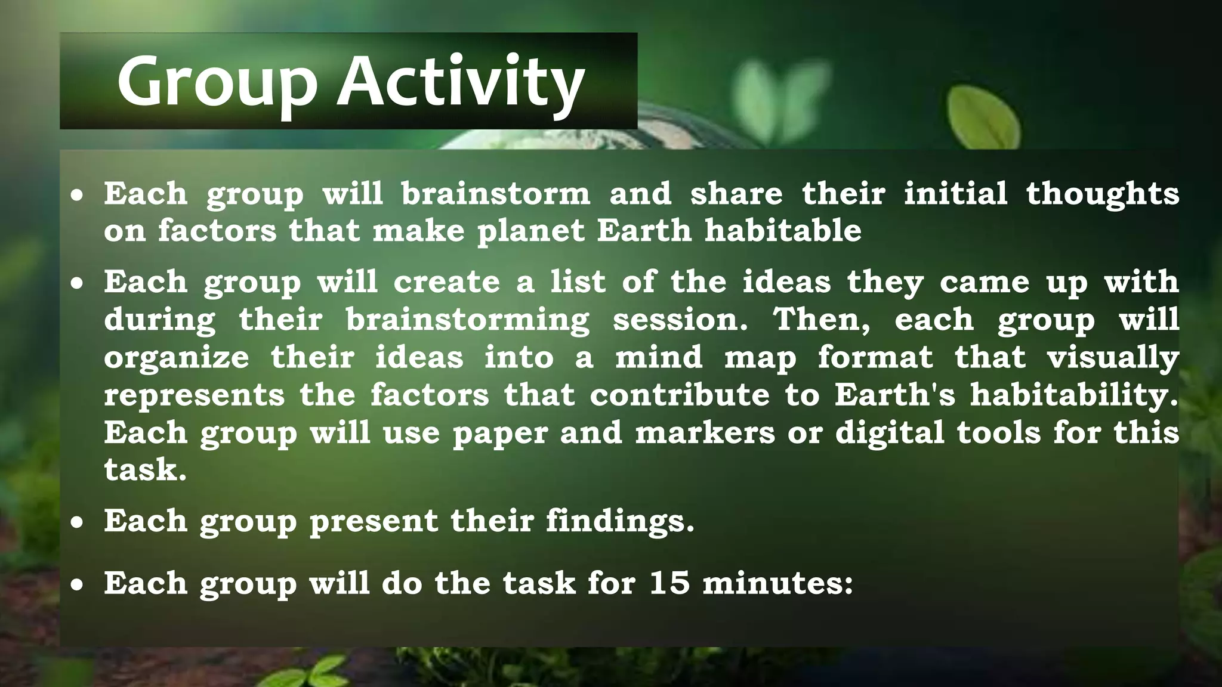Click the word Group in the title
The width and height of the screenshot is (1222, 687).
pos(216,82)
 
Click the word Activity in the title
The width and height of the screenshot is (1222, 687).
pos(461,82)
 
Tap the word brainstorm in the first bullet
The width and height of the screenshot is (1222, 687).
pos(495,194)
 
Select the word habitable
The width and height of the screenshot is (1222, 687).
pos(783,230)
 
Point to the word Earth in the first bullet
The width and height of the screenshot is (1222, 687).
pos(644,230)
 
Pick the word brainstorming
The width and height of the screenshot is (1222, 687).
pos(467,320)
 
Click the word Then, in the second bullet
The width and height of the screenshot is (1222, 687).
pos(822,320)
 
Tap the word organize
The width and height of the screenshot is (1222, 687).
pos(177,358)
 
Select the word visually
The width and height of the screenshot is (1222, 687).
pos(1113,358)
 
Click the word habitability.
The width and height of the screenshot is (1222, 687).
pos(1074,395)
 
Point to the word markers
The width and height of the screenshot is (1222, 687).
pos(705,432)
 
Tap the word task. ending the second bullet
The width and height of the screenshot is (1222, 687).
pos(146,470)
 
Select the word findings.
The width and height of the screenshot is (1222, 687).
pos(620,521)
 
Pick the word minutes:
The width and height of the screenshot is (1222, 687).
pos(777,583)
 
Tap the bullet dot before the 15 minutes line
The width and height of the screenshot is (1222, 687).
pos(76,585)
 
